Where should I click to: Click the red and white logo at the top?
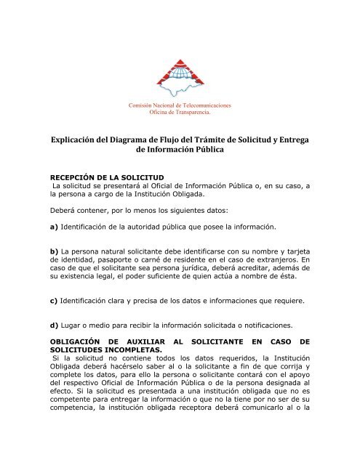(x=180, y=73)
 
